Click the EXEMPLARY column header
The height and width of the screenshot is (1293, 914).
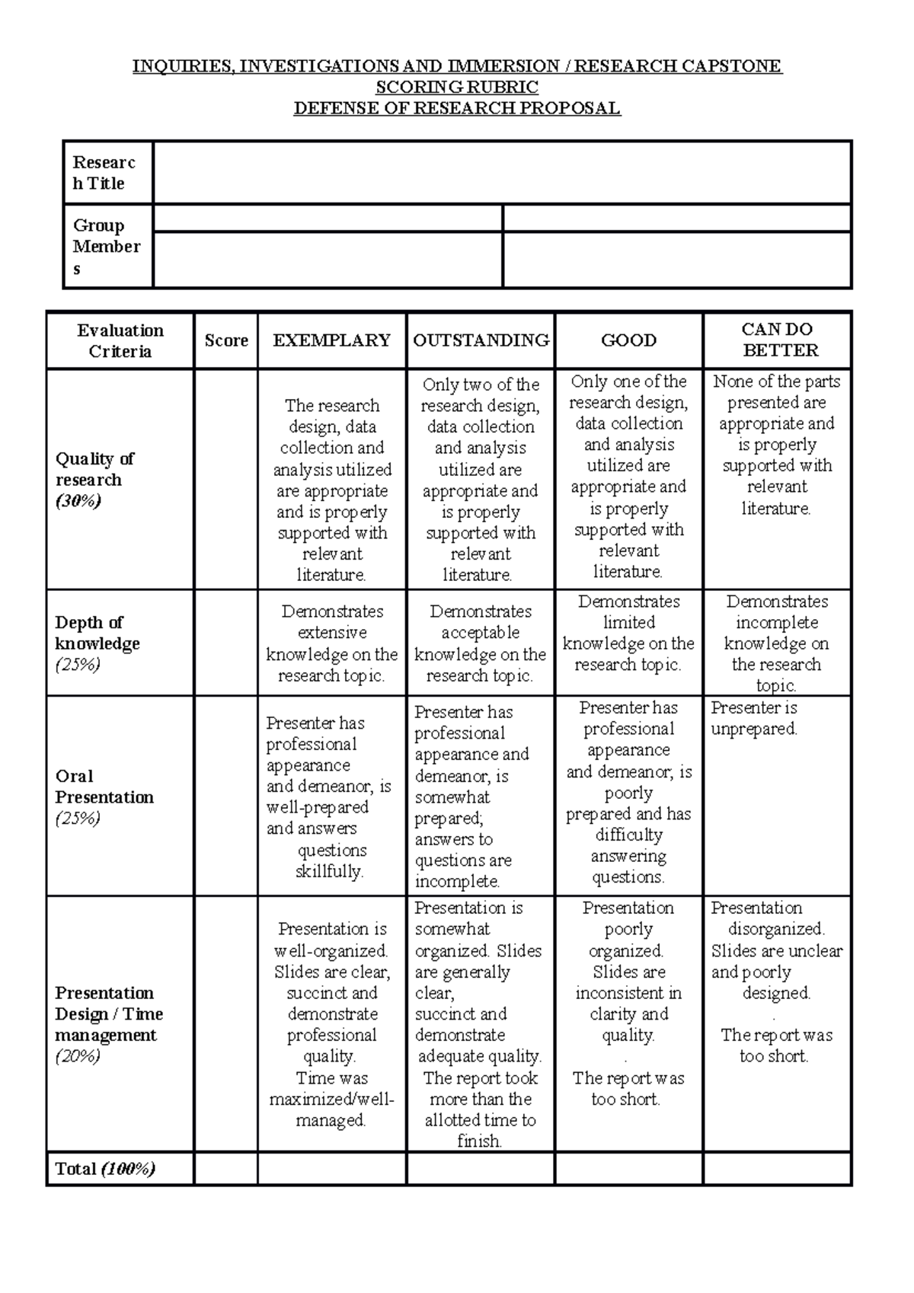tap(332, 340)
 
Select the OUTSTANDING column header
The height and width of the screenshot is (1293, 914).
tap(481, 340)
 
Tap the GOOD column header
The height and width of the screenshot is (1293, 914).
tap(628, 340)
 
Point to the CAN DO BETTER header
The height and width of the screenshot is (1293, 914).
tap(777, 340)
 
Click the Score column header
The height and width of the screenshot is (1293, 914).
tap(226, 340)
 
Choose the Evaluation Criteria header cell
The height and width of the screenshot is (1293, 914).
tap(120, 340)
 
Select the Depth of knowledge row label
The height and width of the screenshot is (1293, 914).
tap(97, 633)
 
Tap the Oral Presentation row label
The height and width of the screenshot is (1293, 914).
tap(104, 787)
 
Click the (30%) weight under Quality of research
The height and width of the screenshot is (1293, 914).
tap(78, 501)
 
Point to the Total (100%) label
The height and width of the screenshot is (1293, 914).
tap(104, 1169)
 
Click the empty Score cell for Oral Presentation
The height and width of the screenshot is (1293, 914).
tap(226, 796)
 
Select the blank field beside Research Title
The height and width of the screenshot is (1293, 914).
tap(501, 172)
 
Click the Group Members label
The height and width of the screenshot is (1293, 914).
tap(106, 246)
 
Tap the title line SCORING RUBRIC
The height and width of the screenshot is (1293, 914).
tap(457, 87)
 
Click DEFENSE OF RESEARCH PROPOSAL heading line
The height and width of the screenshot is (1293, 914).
tap(457, 108)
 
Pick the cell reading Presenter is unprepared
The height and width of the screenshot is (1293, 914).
tap(753, 719)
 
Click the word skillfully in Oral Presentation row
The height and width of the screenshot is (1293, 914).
tap(329, 871)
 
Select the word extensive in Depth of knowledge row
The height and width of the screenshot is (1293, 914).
tap(332, 633)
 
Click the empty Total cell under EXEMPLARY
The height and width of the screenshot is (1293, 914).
tap(332, 1169)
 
